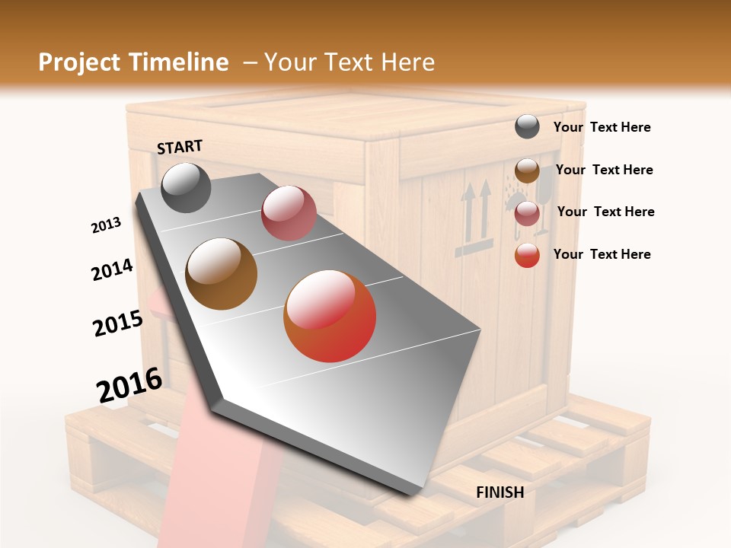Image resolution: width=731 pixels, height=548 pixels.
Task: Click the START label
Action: coord(180,147)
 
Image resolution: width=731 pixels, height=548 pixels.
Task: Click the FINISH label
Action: coord(500,492)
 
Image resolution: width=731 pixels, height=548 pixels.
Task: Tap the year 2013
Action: coord(106,225)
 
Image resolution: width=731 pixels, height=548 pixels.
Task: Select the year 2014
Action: coord(112,269)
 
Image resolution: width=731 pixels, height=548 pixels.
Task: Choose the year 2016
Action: coord(129,385)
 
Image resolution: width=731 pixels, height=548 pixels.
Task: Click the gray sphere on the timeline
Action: coord(186,187)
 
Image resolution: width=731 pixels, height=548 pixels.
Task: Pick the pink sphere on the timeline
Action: coord(289,213)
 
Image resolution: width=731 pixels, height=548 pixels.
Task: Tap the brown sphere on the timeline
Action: coord(221,273)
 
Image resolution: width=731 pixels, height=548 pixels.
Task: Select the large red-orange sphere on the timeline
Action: coord(330,316)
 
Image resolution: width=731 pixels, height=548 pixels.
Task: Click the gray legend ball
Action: coord(527,127)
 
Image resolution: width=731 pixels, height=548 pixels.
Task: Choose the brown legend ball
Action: coord(527,170)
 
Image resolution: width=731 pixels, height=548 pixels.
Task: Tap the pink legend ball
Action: coord(527,213)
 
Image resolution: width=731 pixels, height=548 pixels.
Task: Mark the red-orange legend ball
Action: coord(527,255)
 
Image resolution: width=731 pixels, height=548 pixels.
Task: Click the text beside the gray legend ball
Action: coord(602,127)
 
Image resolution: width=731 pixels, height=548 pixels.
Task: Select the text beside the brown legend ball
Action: coord(604,170)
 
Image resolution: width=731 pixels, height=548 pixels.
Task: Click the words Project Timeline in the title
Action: coord(133,62)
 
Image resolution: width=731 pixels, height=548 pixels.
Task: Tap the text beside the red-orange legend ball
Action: coord(602,254)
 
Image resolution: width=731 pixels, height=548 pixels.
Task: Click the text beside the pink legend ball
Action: coord(605,212)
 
